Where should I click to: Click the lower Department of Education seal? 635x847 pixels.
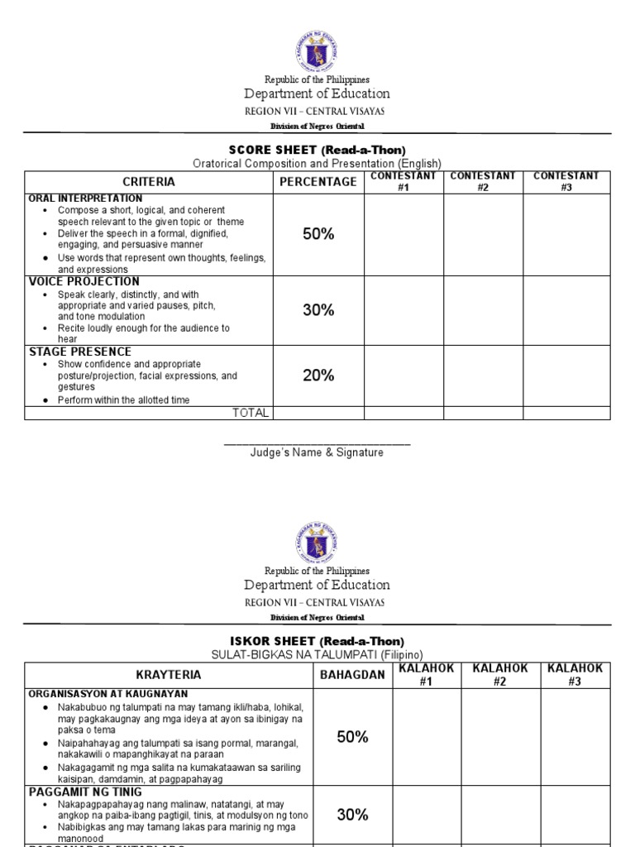tap(317, 543)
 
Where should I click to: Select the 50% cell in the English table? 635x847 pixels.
tap(318, 234)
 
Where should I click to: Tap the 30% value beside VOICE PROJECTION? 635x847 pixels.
tap(318, 310)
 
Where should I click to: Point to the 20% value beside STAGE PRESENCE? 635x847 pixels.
tap(318, 376)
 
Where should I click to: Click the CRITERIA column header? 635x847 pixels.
tap(149, 182)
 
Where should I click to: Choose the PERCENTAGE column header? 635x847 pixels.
tap(318, 182)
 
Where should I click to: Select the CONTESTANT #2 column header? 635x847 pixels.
tap(483, 182)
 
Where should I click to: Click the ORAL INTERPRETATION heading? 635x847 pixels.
tap(86, 199)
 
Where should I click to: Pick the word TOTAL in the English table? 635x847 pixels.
tap(251, 413)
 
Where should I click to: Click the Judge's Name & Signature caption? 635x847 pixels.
tap(317, 452)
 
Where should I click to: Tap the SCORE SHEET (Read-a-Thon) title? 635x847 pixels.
tap(317, 150)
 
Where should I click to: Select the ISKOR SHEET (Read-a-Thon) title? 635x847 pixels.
tap(317, 641)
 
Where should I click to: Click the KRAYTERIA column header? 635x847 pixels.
tap(169, 675)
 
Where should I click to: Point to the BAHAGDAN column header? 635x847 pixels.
tap(353, 675)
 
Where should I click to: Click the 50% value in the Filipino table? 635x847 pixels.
tap(353, 737)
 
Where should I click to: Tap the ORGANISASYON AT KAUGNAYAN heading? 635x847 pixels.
tap(108, 694)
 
